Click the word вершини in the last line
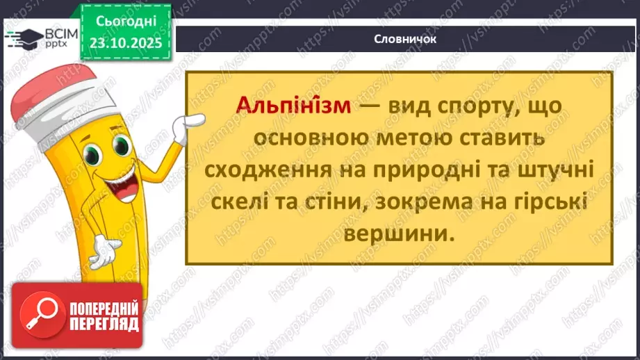pyautogui.click(x=399, y=236)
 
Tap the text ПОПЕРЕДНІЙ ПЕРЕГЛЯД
pyautogui.click(x=104, y=315)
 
